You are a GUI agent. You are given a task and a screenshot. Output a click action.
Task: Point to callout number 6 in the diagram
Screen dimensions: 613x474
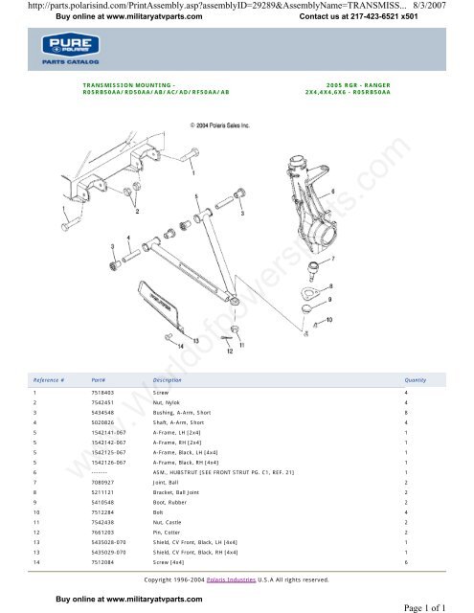[332, 193]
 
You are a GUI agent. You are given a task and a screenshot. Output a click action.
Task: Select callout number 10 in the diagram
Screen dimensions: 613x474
[330, 320]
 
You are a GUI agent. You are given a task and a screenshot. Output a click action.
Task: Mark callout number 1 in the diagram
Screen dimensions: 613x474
[195, 175]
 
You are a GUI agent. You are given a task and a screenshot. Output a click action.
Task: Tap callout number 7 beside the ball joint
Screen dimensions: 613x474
[331, 259]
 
